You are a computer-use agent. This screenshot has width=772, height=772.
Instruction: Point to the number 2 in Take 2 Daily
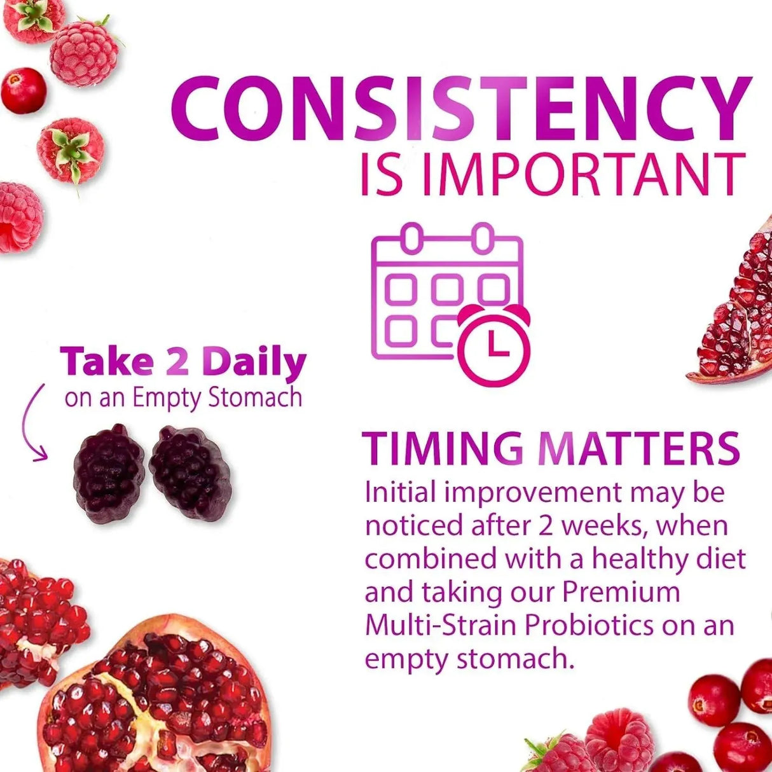(177, 362)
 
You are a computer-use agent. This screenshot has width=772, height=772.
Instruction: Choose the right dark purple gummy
(190, 472)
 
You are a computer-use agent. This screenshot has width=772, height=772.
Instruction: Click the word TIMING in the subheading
(443, 448)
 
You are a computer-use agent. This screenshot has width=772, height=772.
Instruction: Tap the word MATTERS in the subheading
(638, 448)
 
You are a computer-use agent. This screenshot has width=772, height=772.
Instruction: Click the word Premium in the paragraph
(621, 592)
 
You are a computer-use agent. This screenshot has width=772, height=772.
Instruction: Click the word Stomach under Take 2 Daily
(255, 398)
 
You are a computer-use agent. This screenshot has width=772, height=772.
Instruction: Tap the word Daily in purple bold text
(254, 362)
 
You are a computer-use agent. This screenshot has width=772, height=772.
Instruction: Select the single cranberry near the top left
(23, 90)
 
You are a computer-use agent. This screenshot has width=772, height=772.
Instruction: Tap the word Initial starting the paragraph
(400, 493)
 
